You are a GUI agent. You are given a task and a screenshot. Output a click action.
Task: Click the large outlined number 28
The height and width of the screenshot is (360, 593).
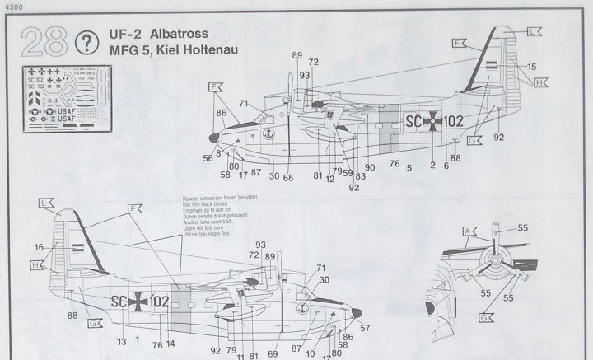pyautogui.click(x=43, y=40)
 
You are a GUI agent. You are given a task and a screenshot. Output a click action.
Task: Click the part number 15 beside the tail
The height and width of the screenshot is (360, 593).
pyautogui.click(x=532, y=65)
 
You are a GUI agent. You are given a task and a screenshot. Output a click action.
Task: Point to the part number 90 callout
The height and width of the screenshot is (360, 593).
pyautogui.click(x=370, y=167)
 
